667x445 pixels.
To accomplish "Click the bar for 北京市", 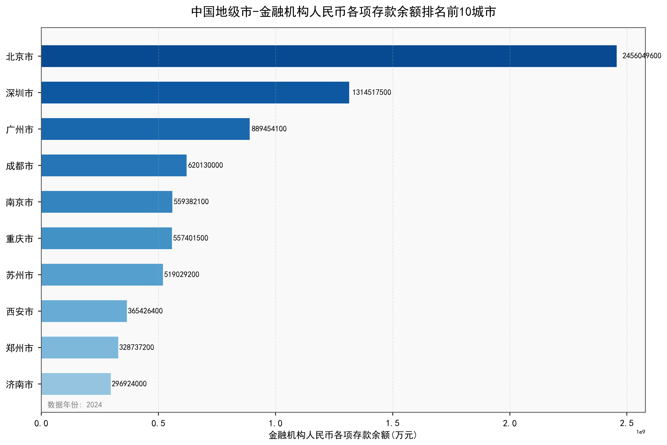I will point(329,56).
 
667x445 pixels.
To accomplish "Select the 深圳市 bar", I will point(195,93).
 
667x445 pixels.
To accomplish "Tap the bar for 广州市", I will point(145,129).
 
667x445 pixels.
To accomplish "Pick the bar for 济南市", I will point(76,384).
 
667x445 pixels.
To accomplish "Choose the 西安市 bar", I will point(84,311).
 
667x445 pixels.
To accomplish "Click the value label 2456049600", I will point(641,56).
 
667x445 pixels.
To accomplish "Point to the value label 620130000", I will point(205,165).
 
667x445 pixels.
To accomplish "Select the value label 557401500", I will point(191,238).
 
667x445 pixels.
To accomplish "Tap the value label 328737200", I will point(136,347).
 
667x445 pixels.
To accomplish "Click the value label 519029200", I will point(182,275).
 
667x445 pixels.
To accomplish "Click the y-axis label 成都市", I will point(20,166).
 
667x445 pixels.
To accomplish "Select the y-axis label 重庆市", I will point(20,239).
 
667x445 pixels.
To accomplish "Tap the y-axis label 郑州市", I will point(20,348).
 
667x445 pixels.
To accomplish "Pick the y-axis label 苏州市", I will point(20,275).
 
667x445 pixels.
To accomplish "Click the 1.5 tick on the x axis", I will point(393,423).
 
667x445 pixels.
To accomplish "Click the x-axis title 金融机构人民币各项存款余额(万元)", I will point(343,435).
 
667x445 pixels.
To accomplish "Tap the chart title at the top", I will point(343,12).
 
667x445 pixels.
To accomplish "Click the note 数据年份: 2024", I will point(75,404).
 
